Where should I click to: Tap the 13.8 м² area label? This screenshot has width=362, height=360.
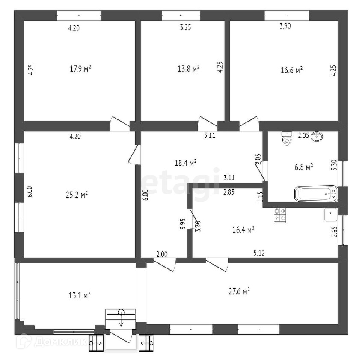pos(189,68)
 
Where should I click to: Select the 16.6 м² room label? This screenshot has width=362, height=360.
pos(291,70)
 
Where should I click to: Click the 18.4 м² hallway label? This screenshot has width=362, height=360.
pos(186,163)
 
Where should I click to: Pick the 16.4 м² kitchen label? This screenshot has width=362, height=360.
pos(243,230)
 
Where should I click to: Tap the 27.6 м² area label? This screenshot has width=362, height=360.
pos(239,292)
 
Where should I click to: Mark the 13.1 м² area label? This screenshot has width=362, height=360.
pos(79,295)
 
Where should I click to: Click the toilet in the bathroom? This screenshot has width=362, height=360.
pos(287,138)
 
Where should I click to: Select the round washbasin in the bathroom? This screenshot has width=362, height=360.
pos(317,137)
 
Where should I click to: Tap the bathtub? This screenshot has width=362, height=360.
pos(316,194)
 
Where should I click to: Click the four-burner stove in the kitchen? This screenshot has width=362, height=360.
pos(280,214)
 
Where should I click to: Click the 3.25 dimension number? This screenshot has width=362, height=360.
pos(185,27)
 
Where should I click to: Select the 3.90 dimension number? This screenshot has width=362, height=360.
pos(285,26)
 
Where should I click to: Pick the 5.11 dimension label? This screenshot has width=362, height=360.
pos(210,136)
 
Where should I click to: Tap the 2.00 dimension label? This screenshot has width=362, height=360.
pos(162,254)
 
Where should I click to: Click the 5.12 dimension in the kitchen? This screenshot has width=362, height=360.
pos(259,253)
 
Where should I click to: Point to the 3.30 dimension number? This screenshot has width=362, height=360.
pos(334,165)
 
